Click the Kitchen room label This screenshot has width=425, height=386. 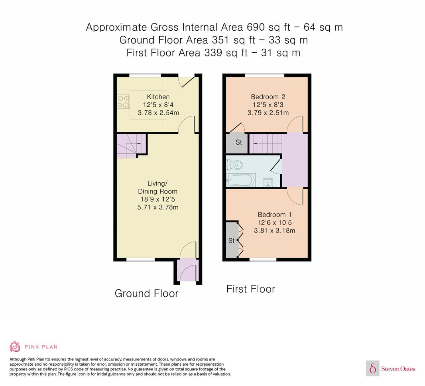pos(158,97)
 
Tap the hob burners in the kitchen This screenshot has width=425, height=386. pos(123,102)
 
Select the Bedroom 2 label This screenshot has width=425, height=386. pos(268,97)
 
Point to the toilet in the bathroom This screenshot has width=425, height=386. pos(234,165)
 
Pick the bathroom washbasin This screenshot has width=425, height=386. pos(268,182)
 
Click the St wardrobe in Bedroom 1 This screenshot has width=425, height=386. pos(232,240)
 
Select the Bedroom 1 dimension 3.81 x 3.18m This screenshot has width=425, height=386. pos(274,230)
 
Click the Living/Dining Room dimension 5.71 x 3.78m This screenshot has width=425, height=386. pos(158,207)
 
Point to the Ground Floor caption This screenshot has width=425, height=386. pos(147,294)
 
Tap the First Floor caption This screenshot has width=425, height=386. pos(251,289)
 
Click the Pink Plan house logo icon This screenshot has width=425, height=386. pos(15,347)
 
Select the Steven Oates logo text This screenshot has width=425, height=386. pos(398,369)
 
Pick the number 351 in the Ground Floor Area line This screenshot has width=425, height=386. pos(221,40)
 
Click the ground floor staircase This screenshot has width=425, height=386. pos(131,146)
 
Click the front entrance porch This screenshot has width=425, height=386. pos(188,270)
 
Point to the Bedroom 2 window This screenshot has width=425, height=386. pos(265,75)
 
